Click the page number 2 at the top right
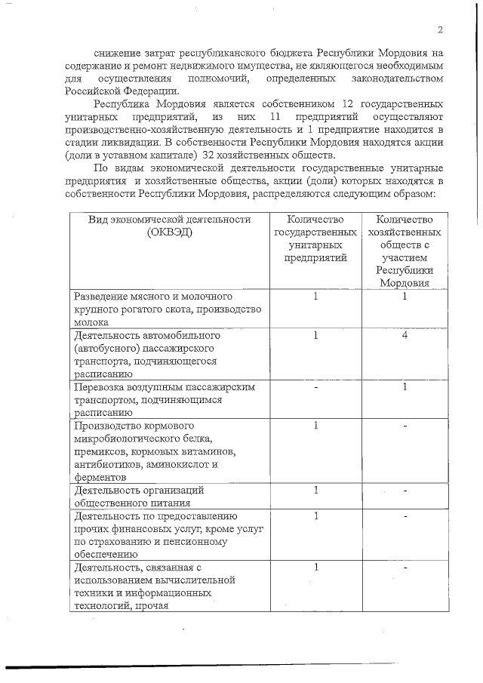(x=438, y=29)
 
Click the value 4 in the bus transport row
(x=405, y=334)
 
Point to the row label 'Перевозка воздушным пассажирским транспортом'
(x=166, y=399)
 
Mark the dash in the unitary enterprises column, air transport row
(x=316, y=387)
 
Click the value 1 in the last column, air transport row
(x=405, y=387)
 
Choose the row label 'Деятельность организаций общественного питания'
(x=139, y=495)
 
